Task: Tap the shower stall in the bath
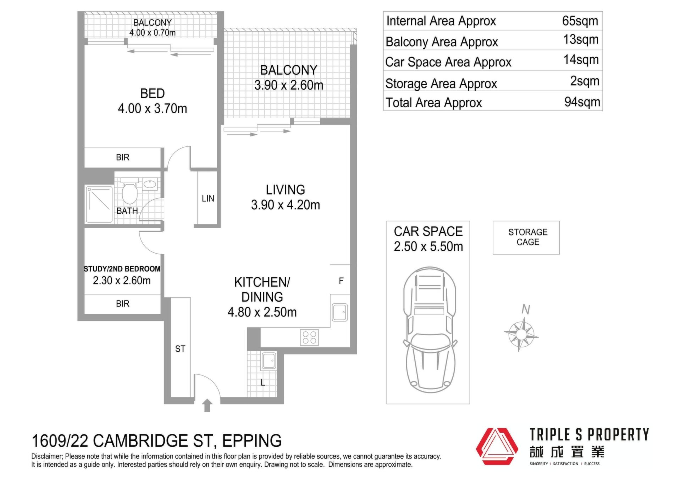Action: [x=99, y=204]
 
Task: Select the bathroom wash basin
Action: [x=150, y=184]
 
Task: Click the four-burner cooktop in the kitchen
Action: [x=309, y=337]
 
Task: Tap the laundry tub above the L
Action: [x=268, y=361]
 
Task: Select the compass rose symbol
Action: [x=521, y=334]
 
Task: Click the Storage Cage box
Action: [x=526, y=238]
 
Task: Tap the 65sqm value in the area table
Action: [x=580, y=21]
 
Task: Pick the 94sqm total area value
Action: [x=582, y=102]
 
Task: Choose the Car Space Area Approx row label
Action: [x=448, y=62]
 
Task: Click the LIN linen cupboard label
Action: [x=208, y=199]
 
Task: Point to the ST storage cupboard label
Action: [x=180, y=349]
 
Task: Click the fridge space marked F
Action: [x=341, y=281]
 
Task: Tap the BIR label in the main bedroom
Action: [x=123, y=157]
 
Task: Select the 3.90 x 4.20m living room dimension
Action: [x=286, y=205]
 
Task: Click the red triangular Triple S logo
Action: [x=497, y=446]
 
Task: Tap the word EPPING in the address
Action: [x=252, y=441]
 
